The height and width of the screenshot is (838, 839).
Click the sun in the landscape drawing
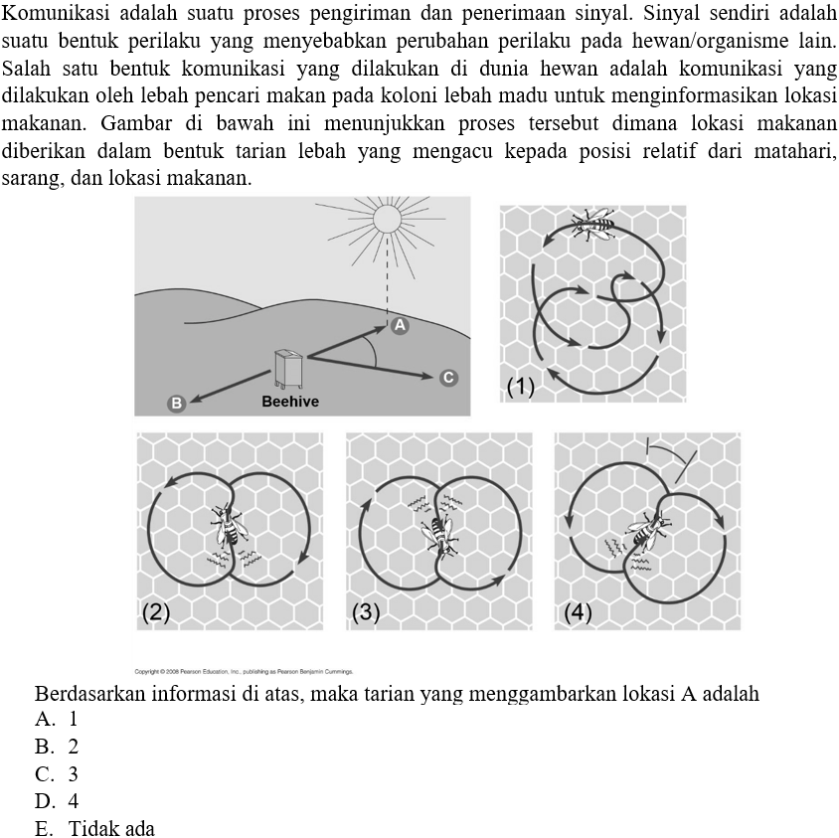click(x=386, y=218)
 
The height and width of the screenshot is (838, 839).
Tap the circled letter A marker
click(x=400, y=325)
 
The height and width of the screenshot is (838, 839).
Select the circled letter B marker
click(x=177, y=403)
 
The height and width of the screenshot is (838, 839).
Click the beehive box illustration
click(x=289, y=368)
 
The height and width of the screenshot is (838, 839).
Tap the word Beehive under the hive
click(x=290, y=402)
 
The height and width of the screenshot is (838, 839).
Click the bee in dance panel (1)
click(x=595, y=223)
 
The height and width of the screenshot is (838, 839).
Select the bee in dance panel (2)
click(x=229, y=525)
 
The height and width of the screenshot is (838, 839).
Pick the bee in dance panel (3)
click(x=438, y=533)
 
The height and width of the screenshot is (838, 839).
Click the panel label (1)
click(x=520, y=387)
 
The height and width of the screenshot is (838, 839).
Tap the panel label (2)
click(x=155, y=611)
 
